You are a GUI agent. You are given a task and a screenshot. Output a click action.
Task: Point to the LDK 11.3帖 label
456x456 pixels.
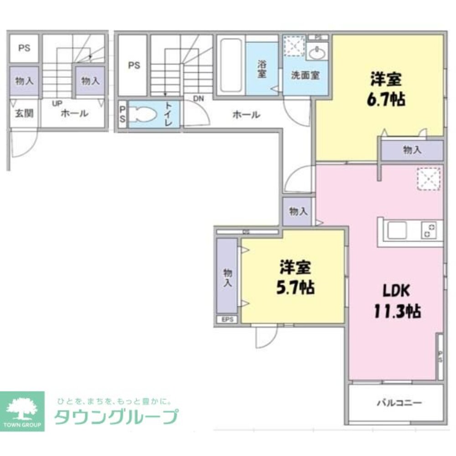click(397, 301)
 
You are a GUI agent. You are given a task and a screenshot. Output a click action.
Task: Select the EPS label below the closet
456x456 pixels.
click(228, 319)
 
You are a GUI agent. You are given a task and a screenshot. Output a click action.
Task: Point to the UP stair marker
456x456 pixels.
click(57, 103)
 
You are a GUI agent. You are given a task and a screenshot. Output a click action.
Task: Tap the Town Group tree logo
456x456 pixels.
click(22, 408)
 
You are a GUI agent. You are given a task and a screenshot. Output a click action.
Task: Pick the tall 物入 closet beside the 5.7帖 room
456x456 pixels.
click(227, 276)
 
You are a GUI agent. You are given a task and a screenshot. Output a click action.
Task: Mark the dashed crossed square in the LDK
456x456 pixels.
click(428, 179)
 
